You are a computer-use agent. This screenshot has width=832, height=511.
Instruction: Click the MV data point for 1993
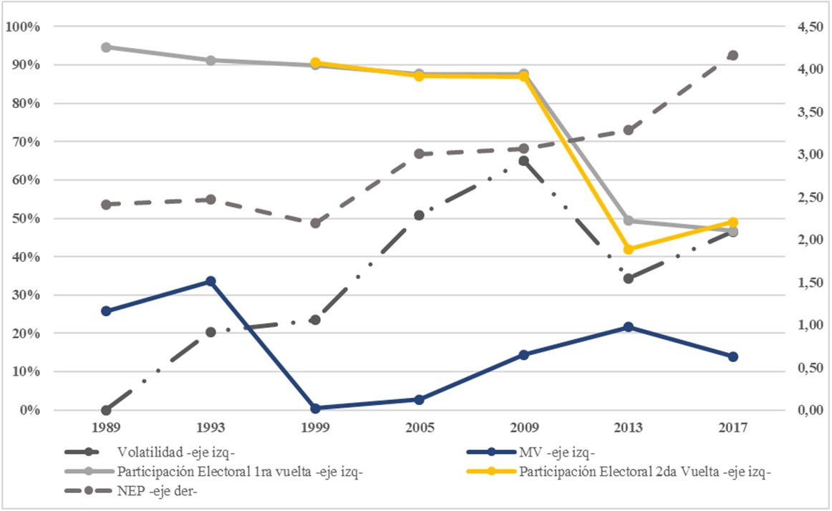(x=211, y=281)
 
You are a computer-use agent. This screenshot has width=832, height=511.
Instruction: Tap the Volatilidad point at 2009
(x=524, y=161)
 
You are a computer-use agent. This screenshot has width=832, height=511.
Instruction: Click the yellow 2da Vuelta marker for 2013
(x=629, y=249)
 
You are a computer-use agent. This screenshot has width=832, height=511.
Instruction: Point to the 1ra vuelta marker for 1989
(x=106, y=47)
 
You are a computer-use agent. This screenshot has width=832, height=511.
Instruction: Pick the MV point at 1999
(x=315, y=408)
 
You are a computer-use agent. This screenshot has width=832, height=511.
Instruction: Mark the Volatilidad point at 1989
(x=106, y=410)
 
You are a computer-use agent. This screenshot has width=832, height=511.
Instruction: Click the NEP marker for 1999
(x=315, y=223)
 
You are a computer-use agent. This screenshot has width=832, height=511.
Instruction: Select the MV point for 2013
(x=629, y=327)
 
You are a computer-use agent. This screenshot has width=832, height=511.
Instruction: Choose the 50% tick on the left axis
(x=26, y=218)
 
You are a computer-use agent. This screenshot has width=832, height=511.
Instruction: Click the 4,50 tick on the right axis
(x=808, y=27)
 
